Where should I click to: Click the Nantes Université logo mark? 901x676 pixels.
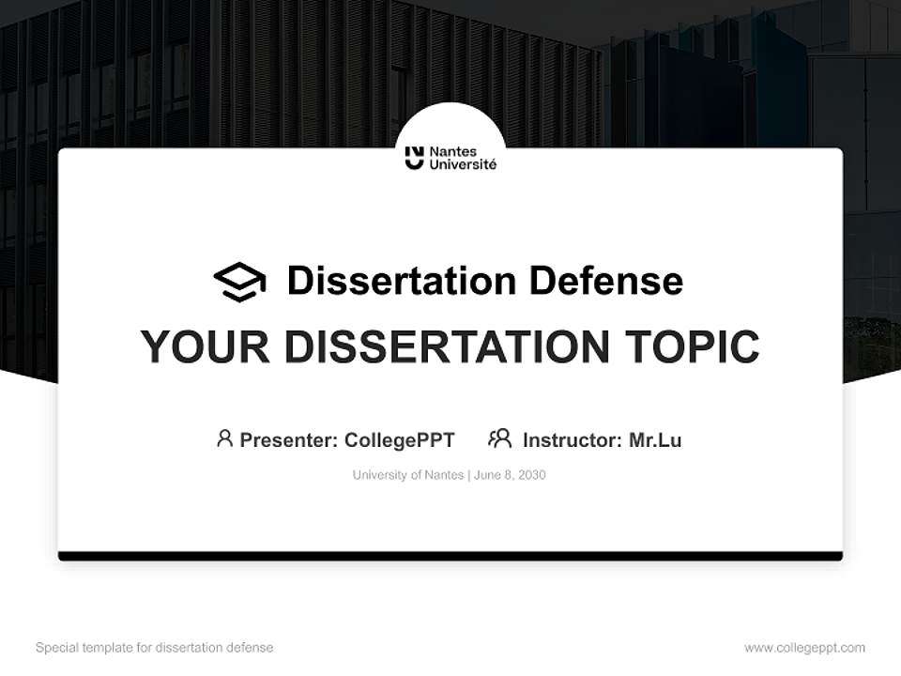pyautogui.click(x=414, y=158)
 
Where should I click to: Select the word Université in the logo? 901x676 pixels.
pyautogui.click(x=463, y=165)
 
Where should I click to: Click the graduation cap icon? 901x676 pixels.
pyautogui.click(x=239, y=282)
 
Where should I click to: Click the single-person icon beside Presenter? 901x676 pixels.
pyautogui.click(x=224, y=438)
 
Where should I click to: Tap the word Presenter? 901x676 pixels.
pyautogui.click(x=287, y=439)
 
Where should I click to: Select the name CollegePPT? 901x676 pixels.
pyautogui.click(x=400, y=439)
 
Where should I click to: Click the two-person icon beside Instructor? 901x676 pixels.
pyautogui.click(x=499, y=438)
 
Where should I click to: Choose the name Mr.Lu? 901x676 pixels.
pyautogui.click(x=655, y=439)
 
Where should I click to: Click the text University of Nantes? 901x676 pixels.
pyautogui.click(x=408, y=475)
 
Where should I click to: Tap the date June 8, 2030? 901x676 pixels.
pyautogui.click(x=510, y=475)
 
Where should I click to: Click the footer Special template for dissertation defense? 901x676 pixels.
pyautogui.click(x=154, y=648)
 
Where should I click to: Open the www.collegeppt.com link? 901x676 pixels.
pyautogui.click(x=804, y=648)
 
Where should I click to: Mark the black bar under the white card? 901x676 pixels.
pyautogui.click(x=450, y=556)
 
